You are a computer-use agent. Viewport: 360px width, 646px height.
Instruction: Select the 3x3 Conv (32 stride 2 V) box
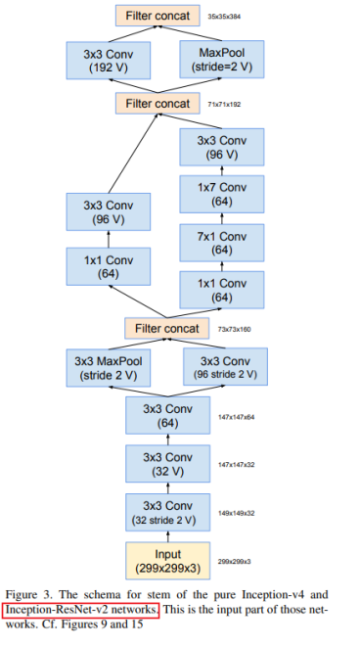click(x=167, y=510)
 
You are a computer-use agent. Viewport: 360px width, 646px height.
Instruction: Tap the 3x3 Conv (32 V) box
click(x=167, y=464)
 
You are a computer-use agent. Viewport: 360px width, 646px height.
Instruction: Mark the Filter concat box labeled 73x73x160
click(x=166, y=328)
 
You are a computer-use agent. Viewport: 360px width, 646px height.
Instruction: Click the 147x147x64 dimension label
click(x=236, y=417)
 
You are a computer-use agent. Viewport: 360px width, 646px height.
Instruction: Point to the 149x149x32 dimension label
click(x=236, y=511)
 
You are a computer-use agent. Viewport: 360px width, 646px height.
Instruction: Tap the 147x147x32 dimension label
click(x=236, y=464)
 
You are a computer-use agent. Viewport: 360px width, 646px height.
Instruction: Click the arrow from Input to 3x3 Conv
click(x=167, y=532)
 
